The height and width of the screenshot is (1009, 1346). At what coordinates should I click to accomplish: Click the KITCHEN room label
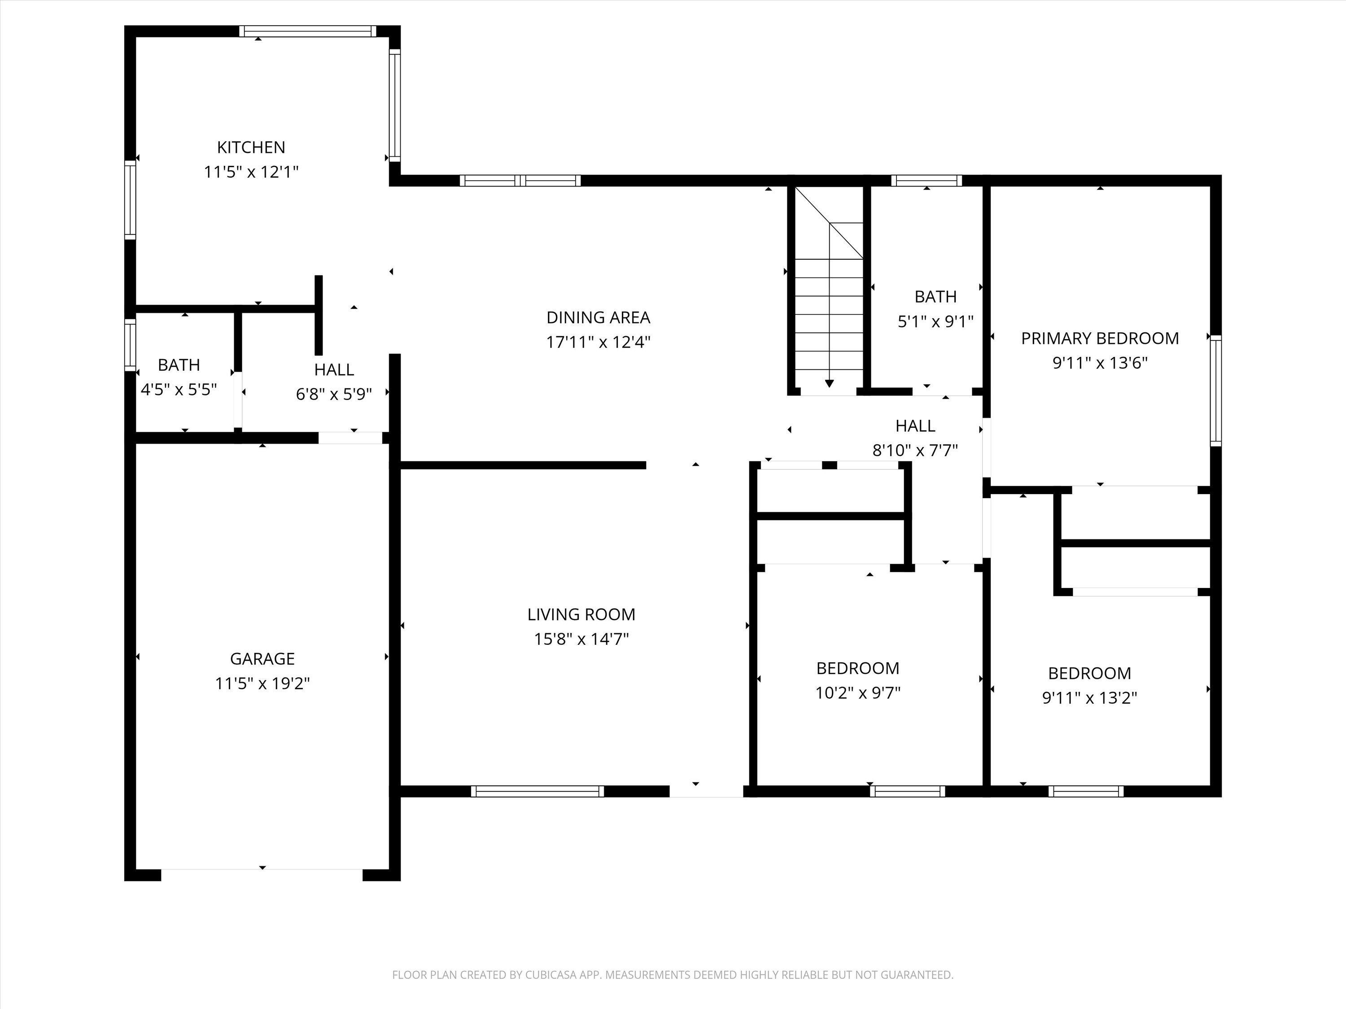tap(251, 147)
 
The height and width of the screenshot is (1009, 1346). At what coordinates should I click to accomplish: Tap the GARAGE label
tap(262, 659)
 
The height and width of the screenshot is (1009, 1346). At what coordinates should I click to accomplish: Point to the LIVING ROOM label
tap(581, 614)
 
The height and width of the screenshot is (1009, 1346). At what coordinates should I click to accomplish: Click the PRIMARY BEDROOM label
tap(1100, 338)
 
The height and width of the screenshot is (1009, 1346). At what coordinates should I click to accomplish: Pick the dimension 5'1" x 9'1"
tap(935, 322)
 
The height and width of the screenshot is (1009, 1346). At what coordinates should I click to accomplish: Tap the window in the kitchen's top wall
tap(307, 31)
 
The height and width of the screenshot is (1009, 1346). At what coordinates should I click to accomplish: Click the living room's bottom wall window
tap(538, 791)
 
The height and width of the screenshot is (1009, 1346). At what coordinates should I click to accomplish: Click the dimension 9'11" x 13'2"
tap(1089, 698)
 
